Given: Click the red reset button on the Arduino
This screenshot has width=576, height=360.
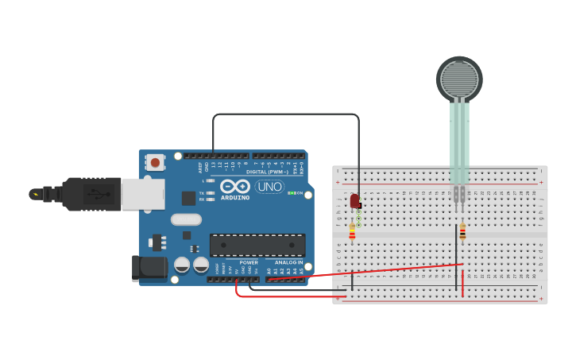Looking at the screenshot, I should [x=155, y=163].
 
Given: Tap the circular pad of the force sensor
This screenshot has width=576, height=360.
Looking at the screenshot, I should [x=459, y=78].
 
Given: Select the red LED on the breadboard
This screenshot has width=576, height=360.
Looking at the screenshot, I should [x=354, y=201].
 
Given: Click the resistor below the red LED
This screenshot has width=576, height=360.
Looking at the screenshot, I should [x=353, y=232].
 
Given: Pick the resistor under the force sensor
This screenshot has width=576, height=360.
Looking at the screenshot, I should [x=462, y=231].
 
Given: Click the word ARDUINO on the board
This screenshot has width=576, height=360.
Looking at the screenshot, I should [x=234, y=197].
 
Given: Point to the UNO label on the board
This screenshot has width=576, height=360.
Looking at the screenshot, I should [x=269, y=187].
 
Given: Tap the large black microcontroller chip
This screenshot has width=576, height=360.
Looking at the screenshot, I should [x=257, y=245].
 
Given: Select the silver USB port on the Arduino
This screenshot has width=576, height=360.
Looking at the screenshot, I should [x=143, y=194].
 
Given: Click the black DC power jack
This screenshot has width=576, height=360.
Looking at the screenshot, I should [x=149, y=268].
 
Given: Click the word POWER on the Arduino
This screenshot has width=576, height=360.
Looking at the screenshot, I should [x=249, y=262].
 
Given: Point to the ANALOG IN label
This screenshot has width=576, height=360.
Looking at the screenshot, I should [x=288, y=262].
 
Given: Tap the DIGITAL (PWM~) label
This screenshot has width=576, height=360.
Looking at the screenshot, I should [x=268, y=172].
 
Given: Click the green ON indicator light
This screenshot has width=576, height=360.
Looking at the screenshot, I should [x=292, y=193].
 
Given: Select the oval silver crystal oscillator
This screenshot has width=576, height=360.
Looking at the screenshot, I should [x=187, y=219].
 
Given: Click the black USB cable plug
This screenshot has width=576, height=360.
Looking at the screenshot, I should [x=91, y=194].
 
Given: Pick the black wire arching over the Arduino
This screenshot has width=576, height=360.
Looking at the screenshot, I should [x=286, y=114].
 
